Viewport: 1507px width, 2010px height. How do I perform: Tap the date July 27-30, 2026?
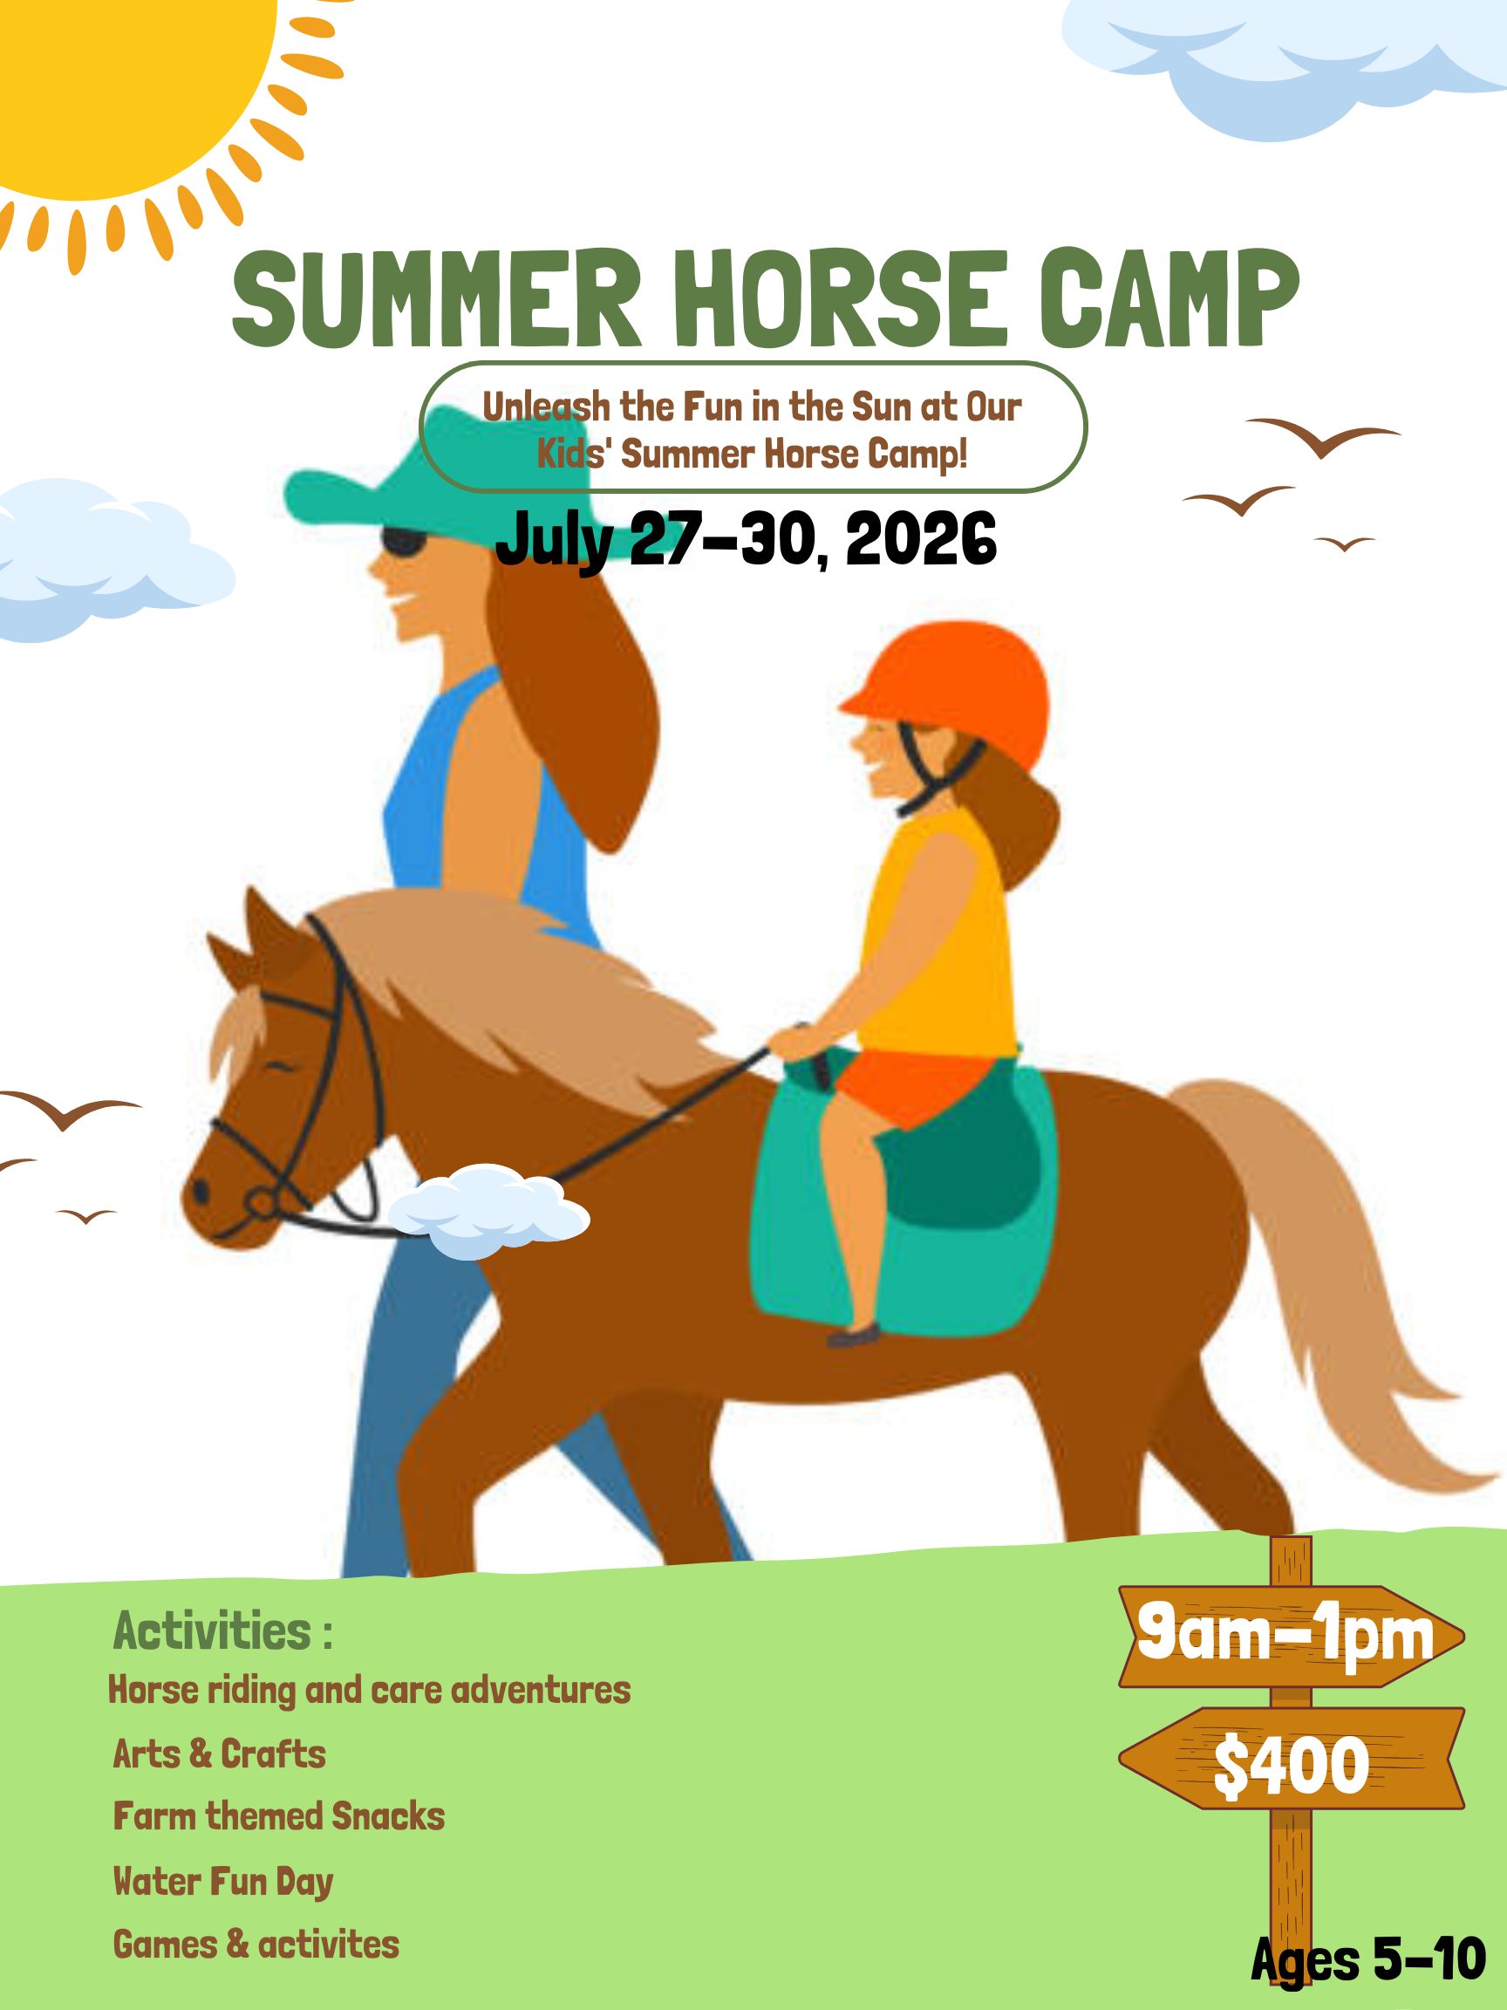pyautogui.click(x=746, y=539)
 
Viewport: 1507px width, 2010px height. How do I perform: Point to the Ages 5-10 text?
pyautogui.click(x=1368, y=1959)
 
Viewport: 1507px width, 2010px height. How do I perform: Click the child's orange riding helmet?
pyautogui.click(x=944, y=694)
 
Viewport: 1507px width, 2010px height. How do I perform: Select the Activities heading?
pyautogui.click(x=222, y=1631)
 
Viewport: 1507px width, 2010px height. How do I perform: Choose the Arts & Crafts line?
pyautogui.click(x=219, y=1754)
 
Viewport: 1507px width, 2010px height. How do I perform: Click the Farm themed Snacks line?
pyautogui.click(x=279, y=1816)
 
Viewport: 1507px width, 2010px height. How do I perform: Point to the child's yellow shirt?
pyautogui.click(x=936, y=936)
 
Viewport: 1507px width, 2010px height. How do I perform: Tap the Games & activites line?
pyautogui.click(x=256, y=1944)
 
